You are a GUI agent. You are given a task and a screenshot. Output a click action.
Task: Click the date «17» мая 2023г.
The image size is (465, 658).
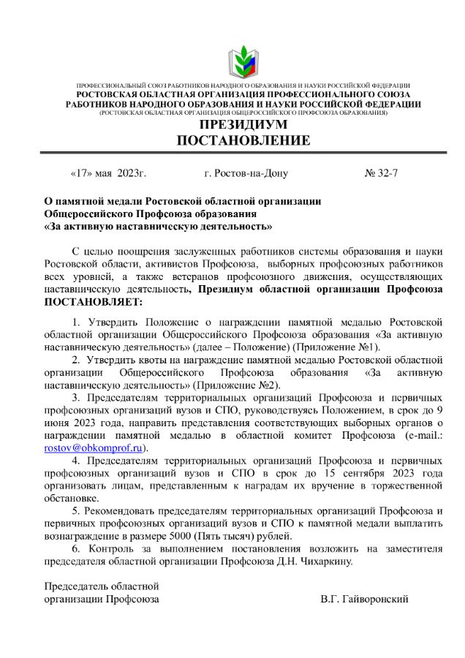(x=108, y=174)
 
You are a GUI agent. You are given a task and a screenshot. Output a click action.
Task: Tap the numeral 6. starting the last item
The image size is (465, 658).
(x=75, y=548)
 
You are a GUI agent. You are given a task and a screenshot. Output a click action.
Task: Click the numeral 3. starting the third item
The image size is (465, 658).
(x=75, y=398)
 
